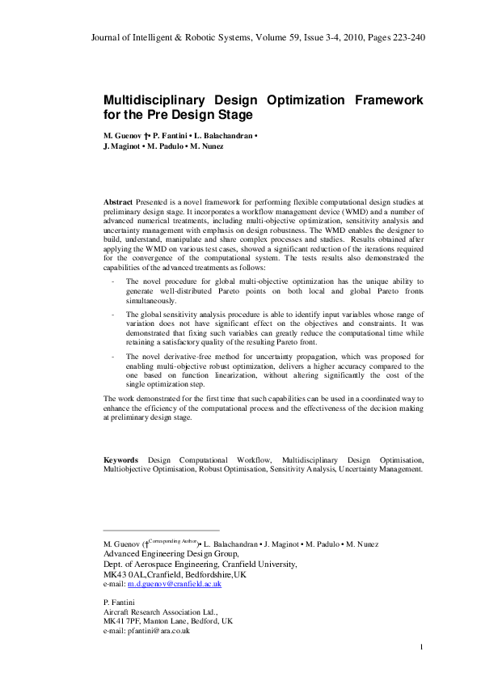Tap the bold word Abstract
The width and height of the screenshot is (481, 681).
[x=119, y=200]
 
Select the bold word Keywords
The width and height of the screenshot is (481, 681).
[x=120, y=459]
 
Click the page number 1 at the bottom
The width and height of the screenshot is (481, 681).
[x=422, y=647]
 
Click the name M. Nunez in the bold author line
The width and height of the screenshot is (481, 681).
[x=207, y=146]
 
